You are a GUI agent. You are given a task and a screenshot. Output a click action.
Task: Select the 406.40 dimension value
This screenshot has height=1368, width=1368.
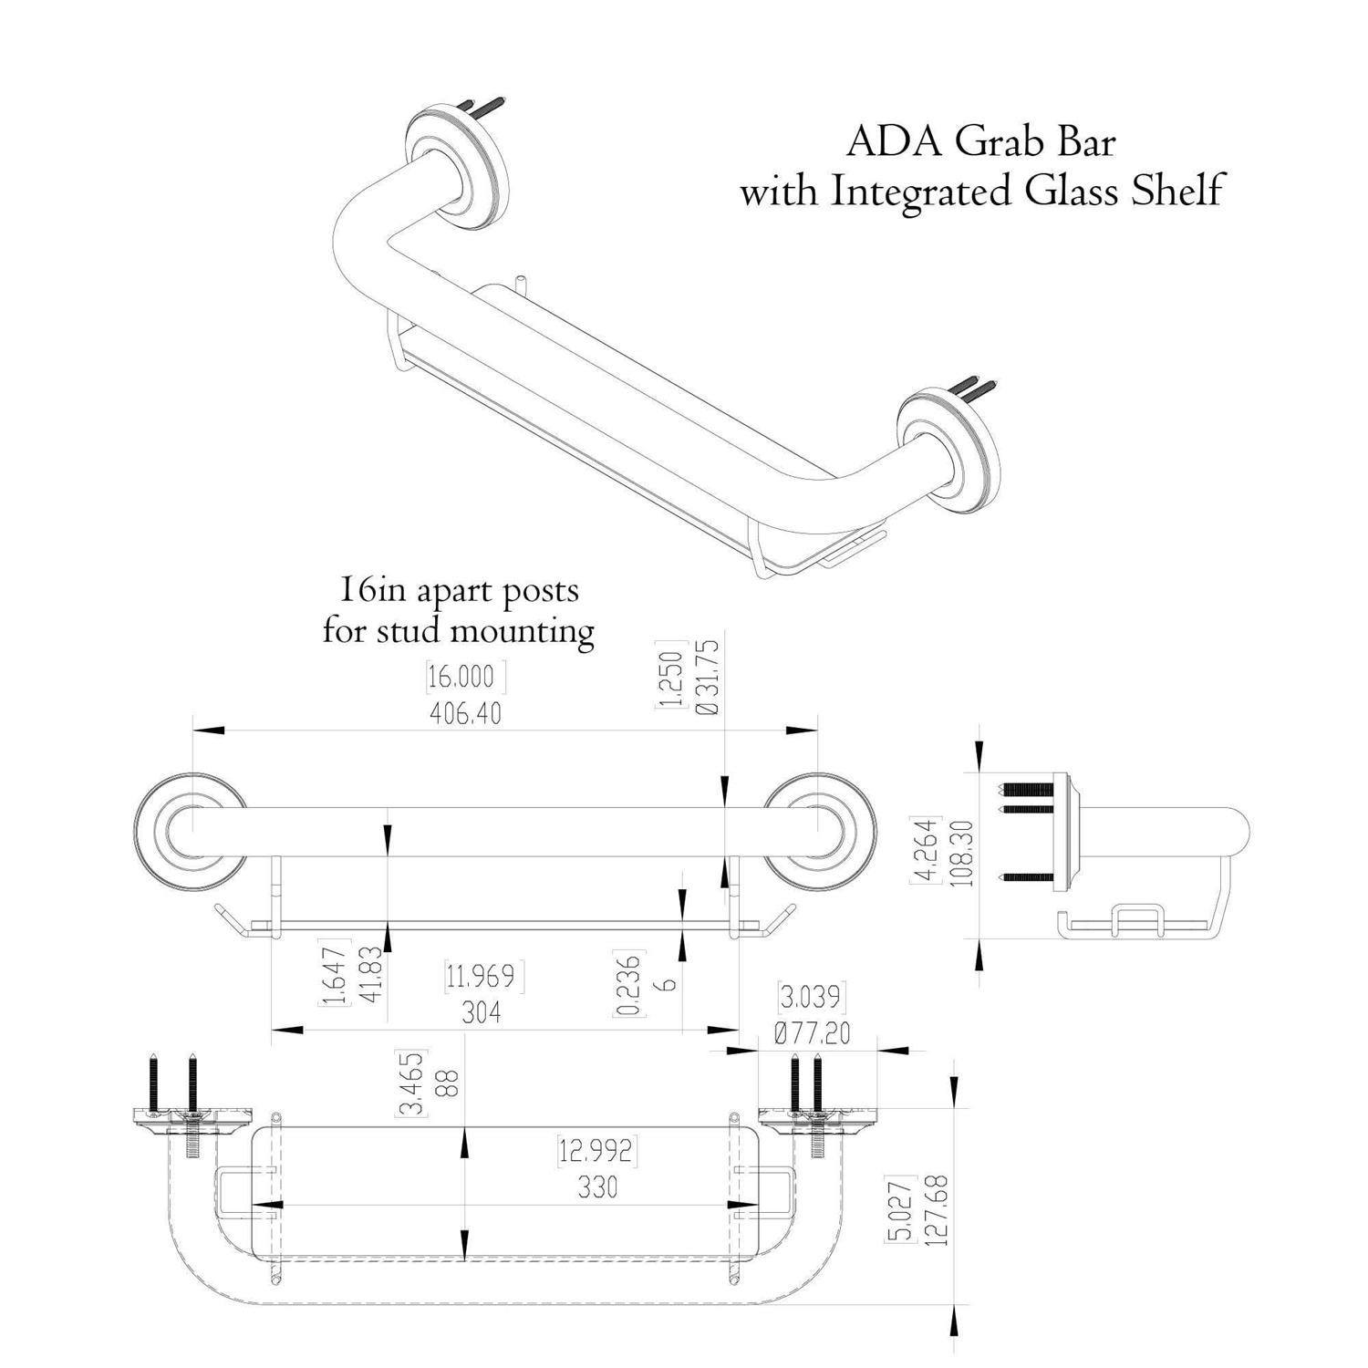pyautogui.click(x=465, y=713)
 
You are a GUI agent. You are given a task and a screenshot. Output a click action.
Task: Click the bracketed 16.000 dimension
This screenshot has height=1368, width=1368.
pyautogui.click(x=465, y=677)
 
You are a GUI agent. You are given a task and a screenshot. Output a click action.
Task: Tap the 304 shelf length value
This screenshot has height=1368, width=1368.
pyautogui.click(x=481, y=1012)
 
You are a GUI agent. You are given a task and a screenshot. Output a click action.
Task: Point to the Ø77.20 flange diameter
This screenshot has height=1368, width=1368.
pyautogui.click(x=812, y=1033)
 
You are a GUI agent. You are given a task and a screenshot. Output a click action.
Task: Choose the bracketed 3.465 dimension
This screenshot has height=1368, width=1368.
pyautogui.click(x=412, y=1084)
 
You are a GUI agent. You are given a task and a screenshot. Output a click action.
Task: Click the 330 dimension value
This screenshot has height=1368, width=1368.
pyautogui.click(x=597, y=1187)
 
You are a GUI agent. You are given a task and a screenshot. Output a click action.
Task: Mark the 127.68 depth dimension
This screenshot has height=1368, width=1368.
pyautogui.click(x=936, y=1211)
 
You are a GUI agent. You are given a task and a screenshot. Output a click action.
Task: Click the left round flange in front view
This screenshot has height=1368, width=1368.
pyautogui.click(x=190, y=829)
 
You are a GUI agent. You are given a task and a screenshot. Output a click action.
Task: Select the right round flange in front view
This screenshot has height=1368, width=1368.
pyautogui.click(x=820, y=829)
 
